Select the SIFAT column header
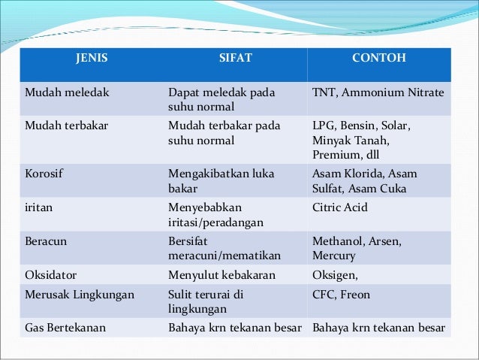[x=233, y=55]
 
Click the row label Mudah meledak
[x=67, y=92]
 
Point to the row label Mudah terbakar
[x=67, y=126]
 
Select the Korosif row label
[x=44, y=173]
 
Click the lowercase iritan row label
[x=39, y=205]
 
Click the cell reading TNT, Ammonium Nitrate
[x=378, y=92]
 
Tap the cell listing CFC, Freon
[x=341, y=295]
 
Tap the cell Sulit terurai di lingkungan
[x=206, y=301]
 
